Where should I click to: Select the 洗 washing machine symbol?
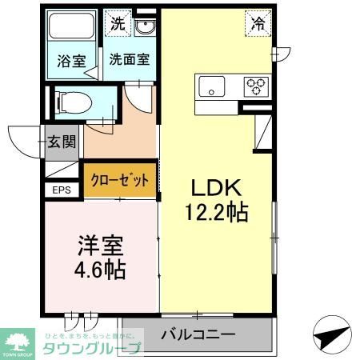118,24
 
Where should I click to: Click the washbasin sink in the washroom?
145,28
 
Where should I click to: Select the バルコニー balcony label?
197,334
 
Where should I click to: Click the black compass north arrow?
329,331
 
